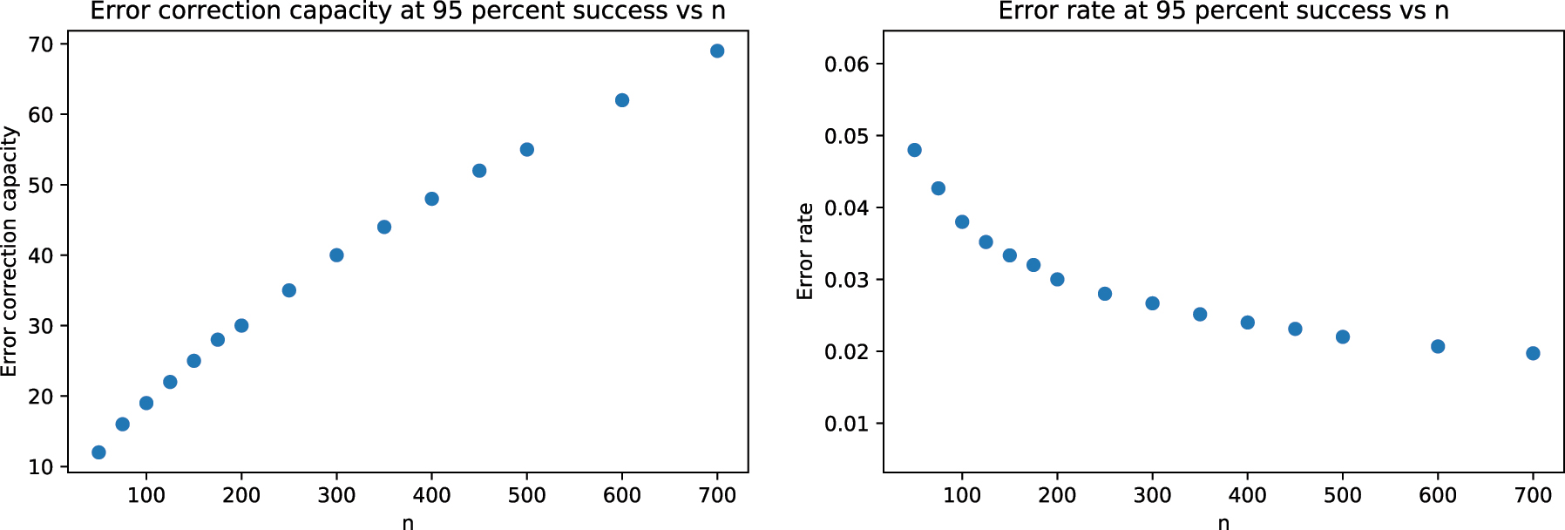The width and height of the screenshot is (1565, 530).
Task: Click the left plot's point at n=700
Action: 717,51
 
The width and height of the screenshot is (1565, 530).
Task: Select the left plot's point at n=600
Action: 622,100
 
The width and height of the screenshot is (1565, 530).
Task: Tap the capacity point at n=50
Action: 98,452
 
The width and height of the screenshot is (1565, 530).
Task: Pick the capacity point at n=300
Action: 336,255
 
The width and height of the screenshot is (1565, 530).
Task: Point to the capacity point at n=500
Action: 527,150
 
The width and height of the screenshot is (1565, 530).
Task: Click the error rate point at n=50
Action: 914,150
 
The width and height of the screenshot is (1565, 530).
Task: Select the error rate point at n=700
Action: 1533,353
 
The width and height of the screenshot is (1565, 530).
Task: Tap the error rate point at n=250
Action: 1105,294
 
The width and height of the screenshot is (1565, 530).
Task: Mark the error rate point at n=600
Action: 1438,347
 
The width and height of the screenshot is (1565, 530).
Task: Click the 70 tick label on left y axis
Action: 41,44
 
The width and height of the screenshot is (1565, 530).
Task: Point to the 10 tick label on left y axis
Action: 41,467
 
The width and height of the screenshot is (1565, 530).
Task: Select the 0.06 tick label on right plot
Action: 847,65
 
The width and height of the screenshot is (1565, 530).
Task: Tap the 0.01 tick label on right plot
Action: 847,425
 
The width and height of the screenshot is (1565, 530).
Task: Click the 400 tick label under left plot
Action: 431,496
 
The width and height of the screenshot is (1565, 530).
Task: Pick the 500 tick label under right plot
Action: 1343,496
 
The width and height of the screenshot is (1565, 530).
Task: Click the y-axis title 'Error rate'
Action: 805,251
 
